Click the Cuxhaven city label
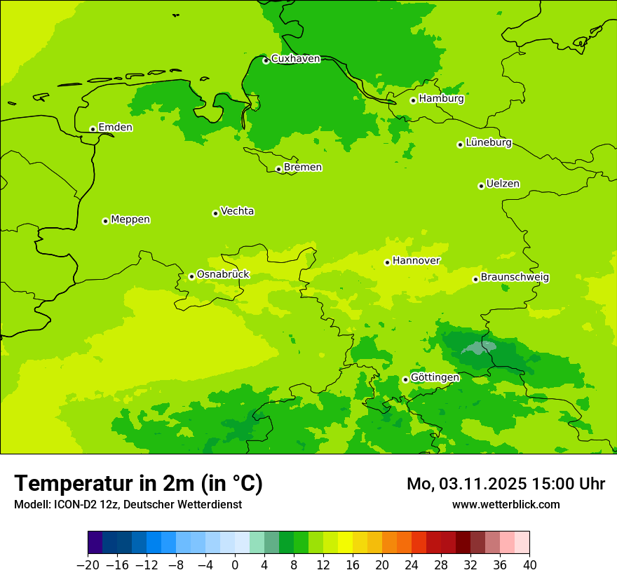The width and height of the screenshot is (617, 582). click(x=295, y=59)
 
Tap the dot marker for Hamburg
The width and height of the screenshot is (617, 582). click(x=413, y=100)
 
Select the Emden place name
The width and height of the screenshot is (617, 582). click(x=115, y=128)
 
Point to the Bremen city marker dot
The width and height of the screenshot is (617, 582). click(x=278, y=169)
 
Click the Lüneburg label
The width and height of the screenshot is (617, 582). click(x=489, y=143)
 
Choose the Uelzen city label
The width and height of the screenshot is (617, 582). click(x=503, y=184)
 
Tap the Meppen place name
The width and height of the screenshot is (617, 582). click(x=130, y=219)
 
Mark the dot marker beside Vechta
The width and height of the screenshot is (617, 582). click(x=215, y=213)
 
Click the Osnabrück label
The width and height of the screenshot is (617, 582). click(x=223, y=275)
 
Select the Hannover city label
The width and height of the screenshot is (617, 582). click(x=416, y=261)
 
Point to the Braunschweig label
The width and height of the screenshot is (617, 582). click(x=515, y=278)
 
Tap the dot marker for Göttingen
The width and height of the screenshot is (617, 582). click(x=405, y=379)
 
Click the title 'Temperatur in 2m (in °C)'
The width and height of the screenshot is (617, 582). click(x=138, y=484)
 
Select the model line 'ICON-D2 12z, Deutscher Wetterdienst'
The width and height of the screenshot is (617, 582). click(x=128, y=505)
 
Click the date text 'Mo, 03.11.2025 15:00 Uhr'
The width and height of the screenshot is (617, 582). click(x=506, y=484)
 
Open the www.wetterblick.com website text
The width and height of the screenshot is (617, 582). click(x=506, y=505)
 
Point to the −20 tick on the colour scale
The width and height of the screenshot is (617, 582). click(x=88, y=565)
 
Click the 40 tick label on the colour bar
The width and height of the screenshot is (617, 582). click(x=529, y=565)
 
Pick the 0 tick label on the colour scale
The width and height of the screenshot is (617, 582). click(x=235, y=565)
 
